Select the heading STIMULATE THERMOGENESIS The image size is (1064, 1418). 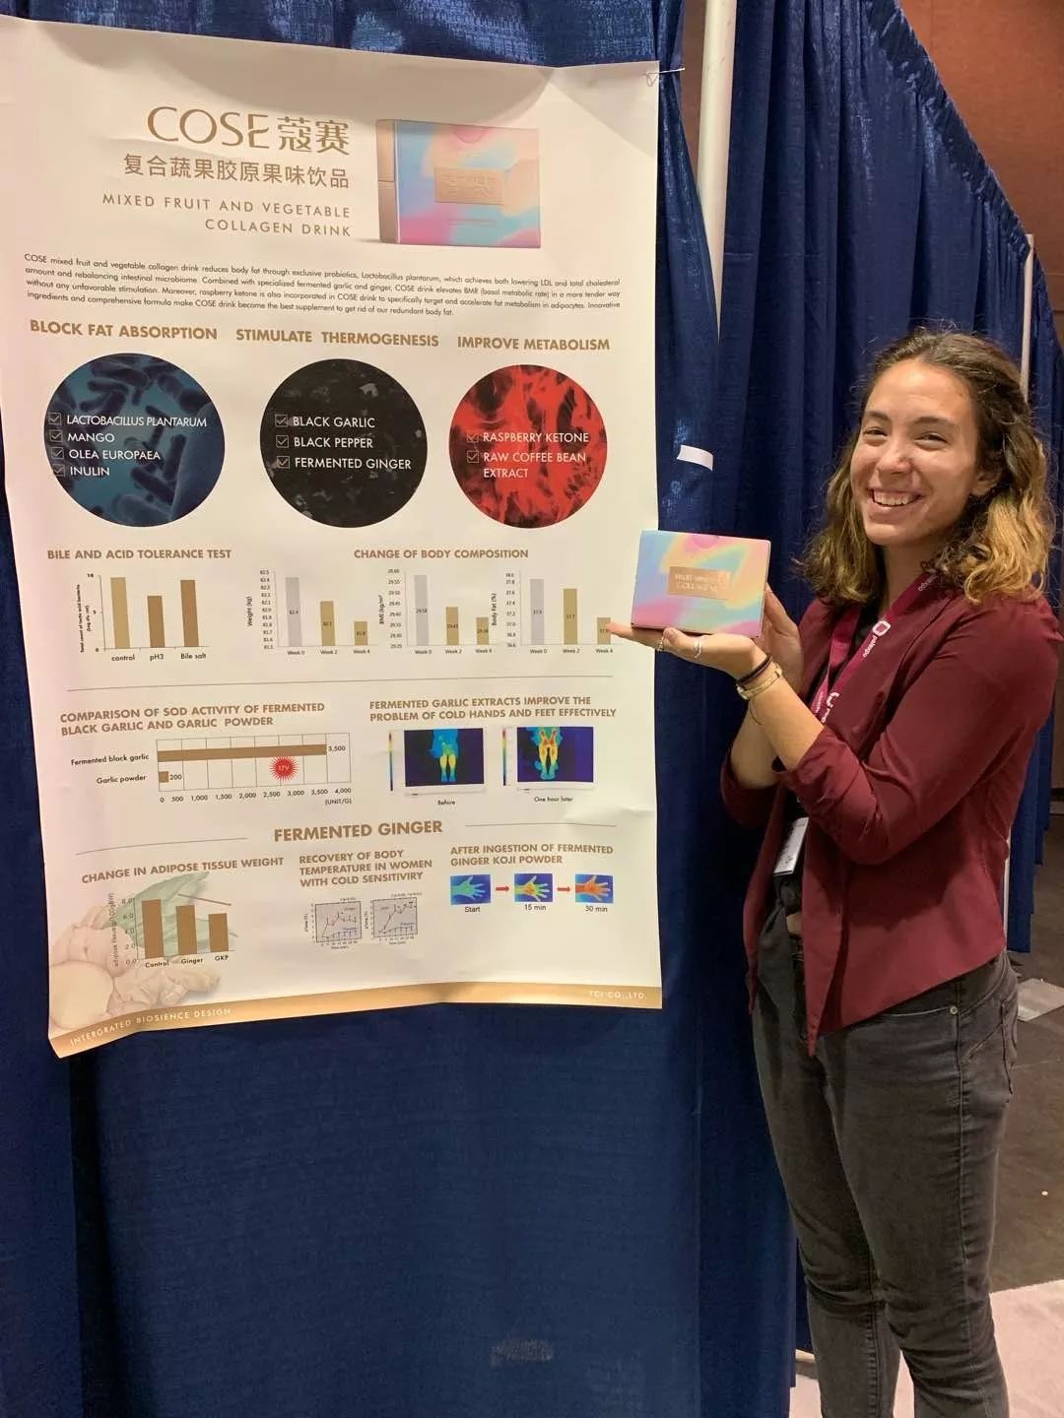(337, 338)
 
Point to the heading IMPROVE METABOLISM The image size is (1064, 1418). (533, 344)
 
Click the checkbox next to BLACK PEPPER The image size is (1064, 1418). (283, 442)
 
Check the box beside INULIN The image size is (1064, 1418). (58, 471)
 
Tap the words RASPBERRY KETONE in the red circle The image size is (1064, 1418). (535, 437)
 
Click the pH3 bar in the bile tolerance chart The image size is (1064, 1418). (156, 621)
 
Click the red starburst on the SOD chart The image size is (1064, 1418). (285, 766)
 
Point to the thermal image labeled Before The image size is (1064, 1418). (444, 757)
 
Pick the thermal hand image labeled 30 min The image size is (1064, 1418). (594, 888)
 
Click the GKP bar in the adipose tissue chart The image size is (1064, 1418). (219, 933)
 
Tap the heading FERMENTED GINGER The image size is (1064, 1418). (358, 831)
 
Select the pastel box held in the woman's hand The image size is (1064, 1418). (699, 582)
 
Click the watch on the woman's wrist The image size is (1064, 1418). (760, 681)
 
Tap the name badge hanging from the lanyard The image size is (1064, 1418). (790, 845)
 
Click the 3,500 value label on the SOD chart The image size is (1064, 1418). (337, 748)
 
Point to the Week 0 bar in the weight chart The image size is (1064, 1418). (293, 612)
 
